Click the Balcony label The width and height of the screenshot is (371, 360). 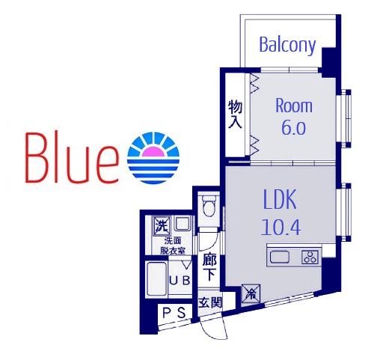(287, 45)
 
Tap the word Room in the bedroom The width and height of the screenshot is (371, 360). (294, 106)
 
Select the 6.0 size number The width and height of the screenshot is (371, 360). (293, 127)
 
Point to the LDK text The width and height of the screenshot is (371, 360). (280, 199)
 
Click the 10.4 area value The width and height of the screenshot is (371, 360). (280, 227)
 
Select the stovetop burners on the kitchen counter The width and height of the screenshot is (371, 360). (310, 257)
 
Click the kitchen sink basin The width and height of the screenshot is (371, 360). (280, 257)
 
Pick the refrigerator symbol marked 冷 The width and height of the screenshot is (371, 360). (251, 295)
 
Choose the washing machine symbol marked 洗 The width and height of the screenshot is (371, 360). (162, 226)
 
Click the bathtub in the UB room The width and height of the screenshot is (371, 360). (156, 278)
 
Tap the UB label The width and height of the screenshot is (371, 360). (180, 281)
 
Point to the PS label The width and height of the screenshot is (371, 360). (174, 312)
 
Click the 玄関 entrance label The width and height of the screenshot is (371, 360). (209, 303)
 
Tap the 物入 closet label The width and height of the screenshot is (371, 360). (235, 114)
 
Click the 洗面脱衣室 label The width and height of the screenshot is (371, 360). (173, 245)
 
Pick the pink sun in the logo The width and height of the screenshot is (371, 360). (153, 152)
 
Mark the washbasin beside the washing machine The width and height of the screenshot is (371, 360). (183, 224)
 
